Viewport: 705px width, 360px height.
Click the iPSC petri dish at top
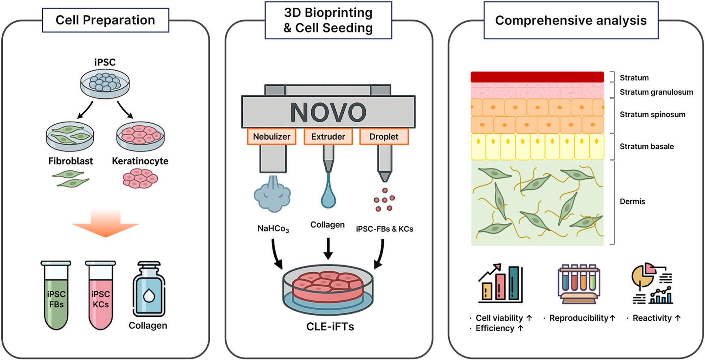click(x=105, y=83)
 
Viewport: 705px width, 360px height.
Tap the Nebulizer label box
click(x=271, y=137)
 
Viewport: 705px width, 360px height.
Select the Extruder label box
click(x=328, y=137)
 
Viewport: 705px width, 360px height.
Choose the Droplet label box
click(x=384, y=137)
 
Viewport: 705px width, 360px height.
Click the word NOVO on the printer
click(x=328, y=112)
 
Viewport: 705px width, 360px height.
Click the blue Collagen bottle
click(x=149, y=291)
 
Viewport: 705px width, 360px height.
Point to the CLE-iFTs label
click(x=330, y=327)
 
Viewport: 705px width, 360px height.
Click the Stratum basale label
click(x=646, y=147)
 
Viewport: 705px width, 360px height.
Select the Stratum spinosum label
click(x=652, y=115)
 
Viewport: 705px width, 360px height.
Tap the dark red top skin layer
click(x=537, y=77)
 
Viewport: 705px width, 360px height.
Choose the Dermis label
click(x=632, y=202)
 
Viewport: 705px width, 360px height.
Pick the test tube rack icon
click(x=579, y=284)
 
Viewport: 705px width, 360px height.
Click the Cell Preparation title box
click(x=105, y=20)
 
